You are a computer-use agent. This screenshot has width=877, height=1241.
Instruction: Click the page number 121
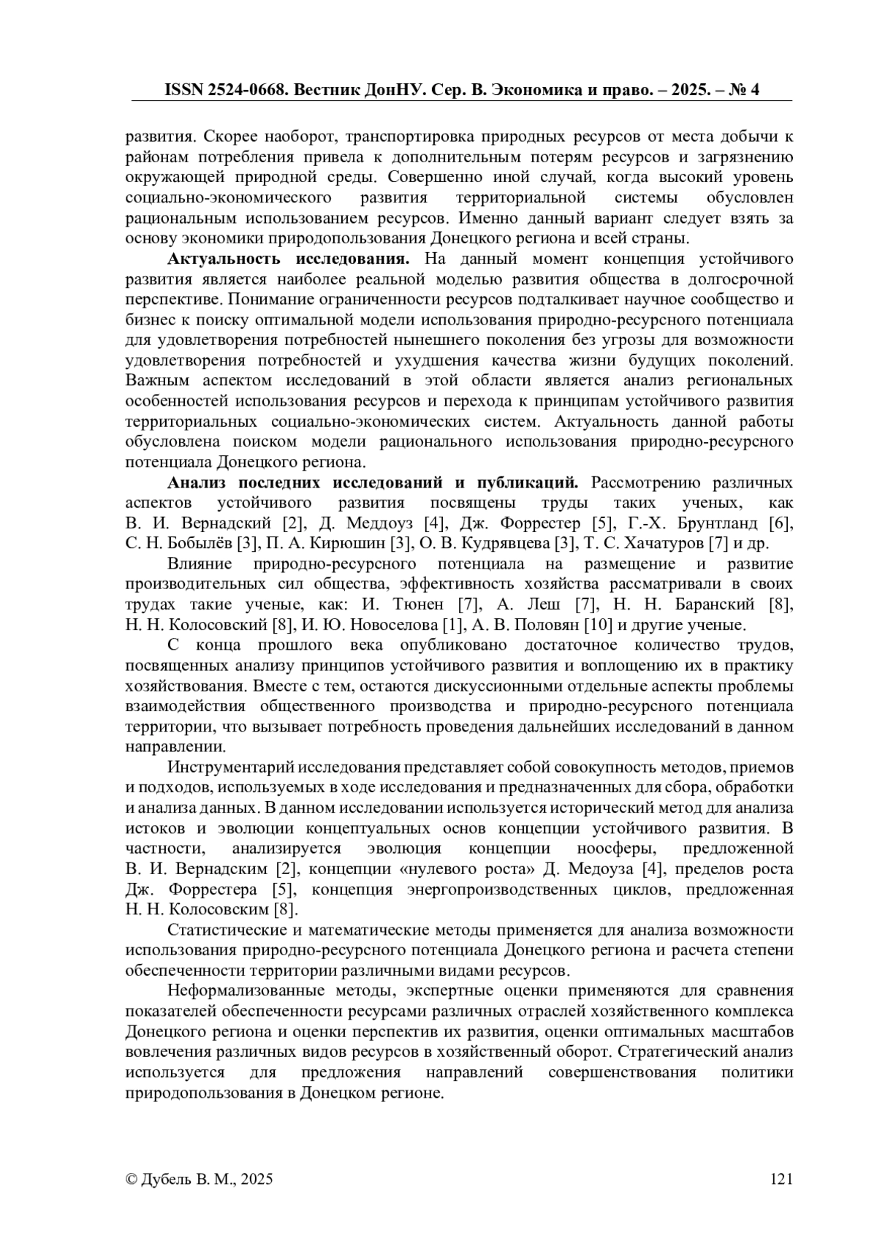point(781,1179)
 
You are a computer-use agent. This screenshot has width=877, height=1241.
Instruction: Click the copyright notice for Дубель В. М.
point(200,1179)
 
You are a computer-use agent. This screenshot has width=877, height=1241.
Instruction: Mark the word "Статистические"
point(228,930)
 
